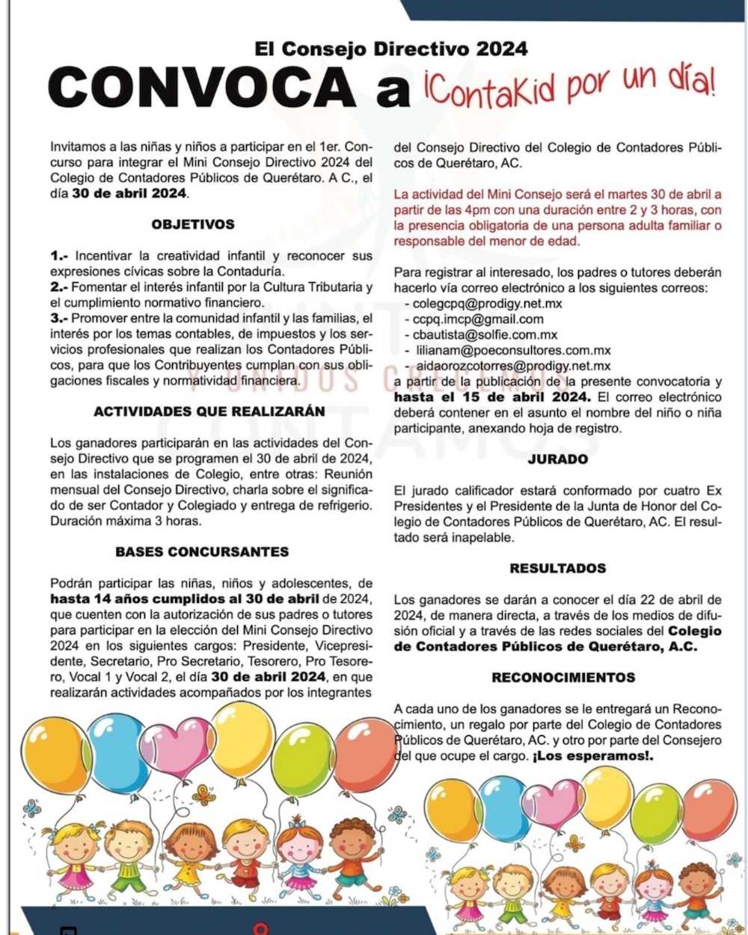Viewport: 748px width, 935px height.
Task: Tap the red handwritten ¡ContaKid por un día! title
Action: [x=567, y=88]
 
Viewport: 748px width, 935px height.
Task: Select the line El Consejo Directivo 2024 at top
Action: [x=391, y=49]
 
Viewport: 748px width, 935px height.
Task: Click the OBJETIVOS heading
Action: [x=193, y=224]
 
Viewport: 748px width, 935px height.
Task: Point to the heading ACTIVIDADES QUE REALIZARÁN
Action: [x=209, y=411]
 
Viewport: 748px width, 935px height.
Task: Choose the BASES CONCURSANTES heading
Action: [x=202, y=552]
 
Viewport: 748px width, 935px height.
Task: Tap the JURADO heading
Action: [x=557, y=459]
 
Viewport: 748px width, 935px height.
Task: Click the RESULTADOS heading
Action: [x=557, y=568]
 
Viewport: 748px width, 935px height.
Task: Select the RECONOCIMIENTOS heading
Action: [x=563, y=677]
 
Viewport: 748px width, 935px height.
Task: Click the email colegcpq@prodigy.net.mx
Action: [x=487, y=304]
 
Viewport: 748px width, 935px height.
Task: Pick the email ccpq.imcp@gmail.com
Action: [x=479, y=319]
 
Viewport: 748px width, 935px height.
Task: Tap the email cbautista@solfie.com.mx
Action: [x=485, y=335]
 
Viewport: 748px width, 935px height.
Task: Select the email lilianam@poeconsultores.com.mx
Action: [x=513, y=351]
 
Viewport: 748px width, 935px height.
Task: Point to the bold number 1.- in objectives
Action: [x=60, y=256]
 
